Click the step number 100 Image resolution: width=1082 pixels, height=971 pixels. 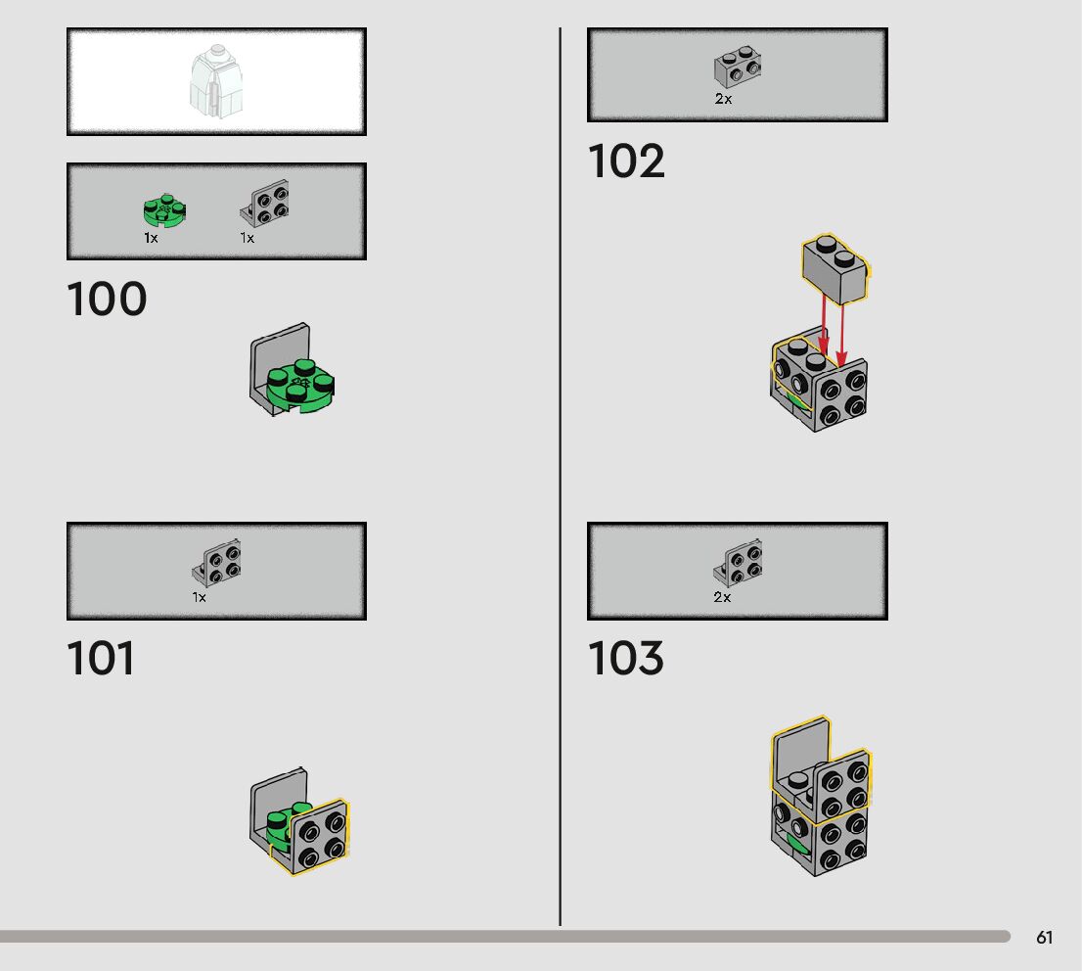[x=107, y=300]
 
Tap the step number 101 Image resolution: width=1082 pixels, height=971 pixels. [x=101, y=659]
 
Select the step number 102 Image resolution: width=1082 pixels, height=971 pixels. [x=626, y=162]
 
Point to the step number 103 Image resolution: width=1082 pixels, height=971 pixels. [x=626, y=659]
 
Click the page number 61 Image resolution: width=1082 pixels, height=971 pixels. [x=1045, y=938]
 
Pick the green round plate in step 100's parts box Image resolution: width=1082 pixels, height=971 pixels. [x=164, y=210]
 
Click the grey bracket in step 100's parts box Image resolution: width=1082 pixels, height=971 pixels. [x=267, y=205]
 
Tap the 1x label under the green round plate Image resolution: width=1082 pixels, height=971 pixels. [x=151, y=238]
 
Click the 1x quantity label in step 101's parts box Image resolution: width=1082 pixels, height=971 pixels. [x=200, y=597]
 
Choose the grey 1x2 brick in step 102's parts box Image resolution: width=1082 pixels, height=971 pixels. [x=739, y=68]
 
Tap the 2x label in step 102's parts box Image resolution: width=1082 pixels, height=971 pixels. [x=723, y=99]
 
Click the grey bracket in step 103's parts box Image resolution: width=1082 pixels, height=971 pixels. [x=740, y=563]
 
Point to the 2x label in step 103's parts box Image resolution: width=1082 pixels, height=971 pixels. [x=722, y=597]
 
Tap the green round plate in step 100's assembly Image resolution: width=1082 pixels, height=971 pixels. [x=303, y=385]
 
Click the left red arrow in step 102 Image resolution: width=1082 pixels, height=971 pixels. [x=824, y=331]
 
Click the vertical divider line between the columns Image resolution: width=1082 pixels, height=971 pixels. [x=560, y=489]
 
